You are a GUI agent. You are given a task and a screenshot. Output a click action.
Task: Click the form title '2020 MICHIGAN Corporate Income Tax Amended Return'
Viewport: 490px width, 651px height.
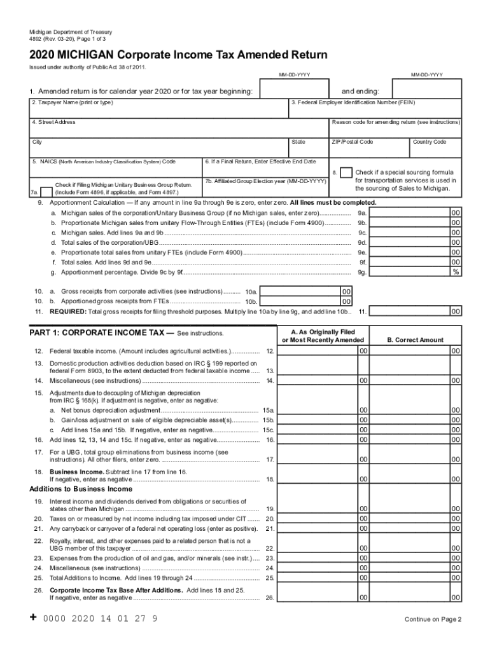tap(179, 55)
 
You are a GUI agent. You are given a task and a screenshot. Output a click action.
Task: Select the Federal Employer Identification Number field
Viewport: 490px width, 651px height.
tap(375, 111)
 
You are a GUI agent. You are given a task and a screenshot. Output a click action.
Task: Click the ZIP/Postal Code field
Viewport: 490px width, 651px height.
tap(368, 151)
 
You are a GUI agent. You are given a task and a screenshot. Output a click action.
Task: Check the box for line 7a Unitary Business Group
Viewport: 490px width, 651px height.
tap(46, 191)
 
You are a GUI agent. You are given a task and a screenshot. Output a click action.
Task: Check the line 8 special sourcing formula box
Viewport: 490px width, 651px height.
tap(346, 173)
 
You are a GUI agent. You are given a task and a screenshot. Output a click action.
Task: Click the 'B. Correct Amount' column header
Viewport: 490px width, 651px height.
tap(416, 340)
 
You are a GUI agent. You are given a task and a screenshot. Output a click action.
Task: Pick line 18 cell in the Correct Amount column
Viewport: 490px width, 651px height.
tap(416, 479)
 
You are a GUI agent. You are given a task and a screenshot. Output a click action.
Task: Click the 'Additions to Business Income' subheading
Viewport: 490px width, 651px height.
tap(81, 490)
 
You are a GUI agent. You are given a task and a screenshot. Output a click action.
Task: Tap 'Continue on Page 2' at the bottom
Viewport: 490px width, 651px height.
tap(433, 619)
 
